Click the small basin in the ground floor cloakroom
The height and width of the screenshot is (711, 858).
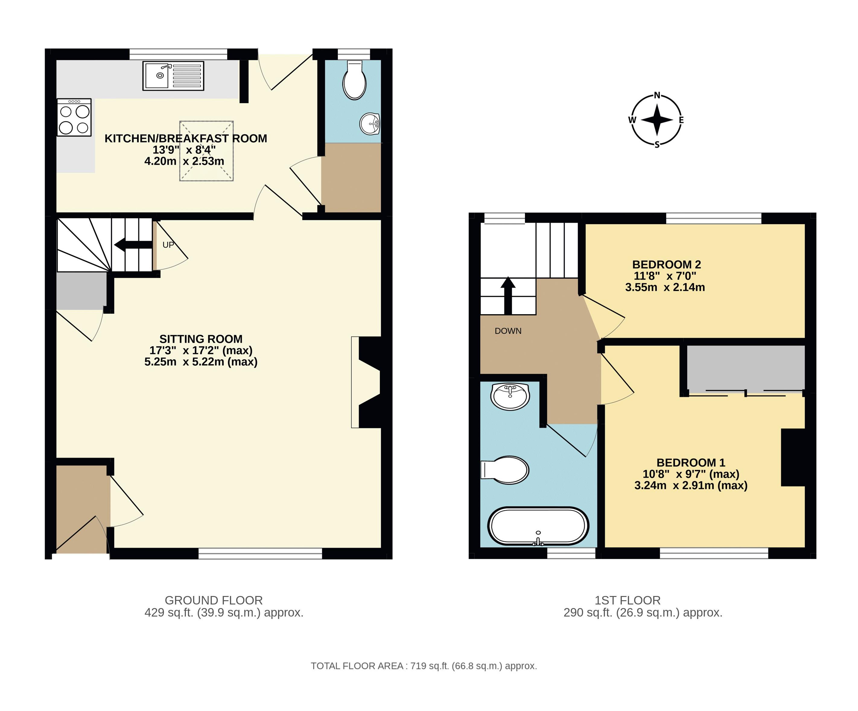tap(370, 123)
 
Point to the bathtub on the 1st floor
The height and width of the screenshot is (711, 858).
tap(538, 526)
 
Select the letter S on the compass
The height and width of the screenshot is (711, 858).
tap(657, 144)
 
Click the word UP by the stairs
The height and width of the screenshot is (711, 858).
tap(168, 245)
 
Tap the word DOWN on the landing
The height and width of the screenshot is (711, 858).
tap(508, 331)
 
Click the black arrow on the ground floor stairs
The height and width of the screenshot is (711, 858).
tap(133, 245)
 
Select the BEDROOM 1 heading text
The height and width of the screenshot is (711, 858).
tap(691, 463)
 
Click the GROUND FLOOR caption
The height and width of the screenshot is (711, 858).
tap(214, 600)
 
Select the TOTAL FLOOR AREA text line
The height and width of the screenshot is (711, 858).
tap(424, 666)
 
